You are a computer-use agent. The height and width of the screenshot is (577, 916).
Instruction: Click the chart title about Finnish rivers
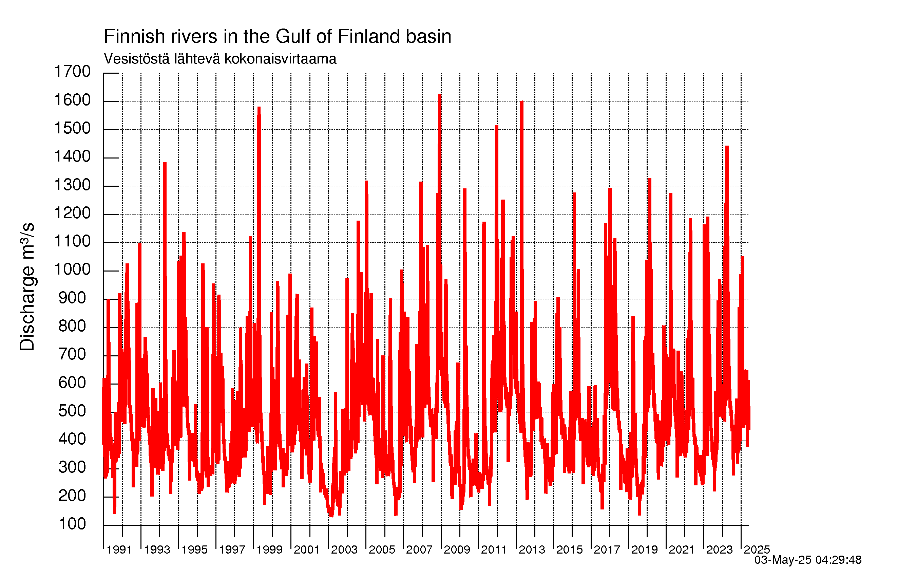tap(277, 37)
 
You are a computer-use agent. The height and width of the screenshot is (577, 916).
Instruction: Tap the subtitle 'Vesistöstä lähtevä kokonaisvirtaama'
tap(220, 59)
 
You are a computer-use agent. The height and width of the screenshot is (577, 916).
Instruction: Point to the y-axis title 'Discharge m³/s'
tap(27, 286)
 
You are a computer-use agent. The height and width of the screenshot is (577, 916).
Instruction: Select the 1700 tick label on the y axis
tap(72, 72)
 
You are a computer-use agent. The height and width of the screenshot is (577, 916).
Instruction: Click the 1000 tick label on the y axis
tap(72, 269)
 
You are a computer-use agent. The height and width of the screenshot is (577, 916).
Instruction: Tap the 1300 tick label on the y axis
tap(72, 185)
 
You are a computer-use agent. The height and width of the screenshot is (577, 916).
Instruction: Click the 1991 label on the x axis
tap(119, 550)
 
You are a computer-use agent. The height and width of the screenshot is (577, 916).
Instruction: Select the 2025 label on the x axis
tap(757, 550)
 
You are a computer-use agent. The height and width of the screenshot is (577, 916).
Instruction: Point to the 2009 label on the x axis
tap(457, 550)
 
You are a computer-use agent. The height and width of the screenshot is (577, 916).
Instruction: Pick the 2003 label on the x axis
tap(344, 550)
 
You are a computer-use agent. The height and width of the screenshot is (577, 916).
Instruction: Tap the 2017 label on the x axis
tap(607, 550)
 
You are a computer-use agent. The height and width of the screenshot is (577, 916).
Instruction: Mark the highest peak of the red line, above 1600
tap(440, 94)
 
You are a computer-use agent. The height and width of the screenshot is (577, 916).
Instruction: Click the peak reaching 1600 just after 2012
tap(521, 101)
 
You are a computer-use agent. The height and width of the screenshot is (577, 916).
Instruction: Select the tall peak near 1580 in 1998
tap(259, 107)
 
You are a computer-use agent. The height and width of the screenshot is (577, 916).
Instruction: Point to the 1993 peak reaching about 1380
tap(165, 163)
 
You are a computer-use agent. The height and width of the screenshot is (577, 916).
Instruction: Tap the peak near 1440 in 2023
tap(727, 146)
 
